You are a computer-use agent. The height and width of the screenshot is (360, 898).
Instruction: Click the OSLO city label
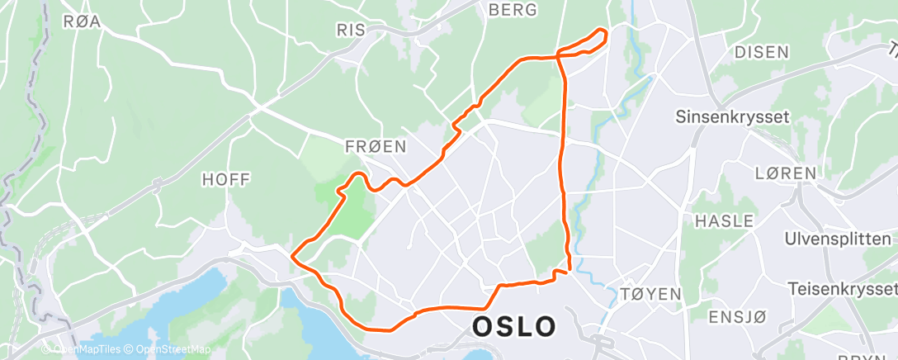513,325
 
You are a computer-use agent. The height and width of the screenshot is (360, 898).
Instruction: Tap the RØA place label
82,22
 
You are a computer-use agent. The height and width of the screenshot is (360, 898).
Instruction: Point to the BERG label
513,10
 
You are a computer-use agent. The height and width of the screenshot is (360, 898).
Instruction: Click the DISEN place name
761,52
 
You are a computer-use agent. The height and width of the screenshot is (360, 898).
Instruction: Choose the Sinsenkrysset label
732,116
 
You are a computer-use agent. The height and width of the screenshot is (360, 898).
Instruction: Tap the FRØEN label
376,147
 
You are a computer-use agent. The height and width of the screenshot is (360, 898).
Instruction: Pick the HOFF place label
225,179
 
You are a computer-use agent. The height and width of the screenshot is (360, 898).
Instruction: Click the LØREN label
785,173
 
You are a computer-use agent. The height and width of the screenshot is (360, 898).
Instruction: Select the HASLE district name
724,220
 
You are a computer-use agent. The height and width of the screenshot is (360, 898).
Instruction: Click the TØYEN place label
650,294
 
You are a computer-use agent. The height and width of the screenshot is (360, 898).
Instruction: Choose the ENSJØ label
738,317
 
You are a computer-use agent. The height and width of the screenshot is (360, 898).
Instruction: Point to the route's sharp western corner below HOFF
292,256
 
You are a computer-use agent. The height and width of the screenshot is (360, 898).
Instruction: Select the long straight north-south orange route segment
563,165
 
